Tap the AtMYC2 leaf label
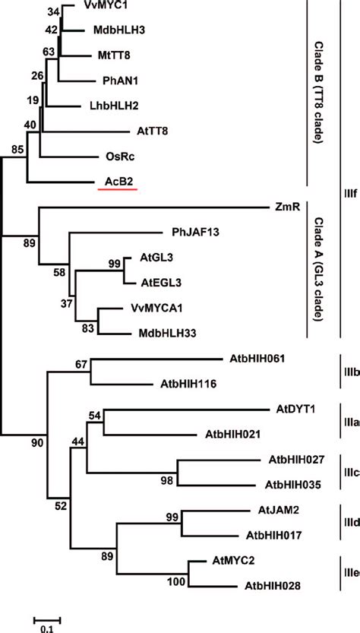[232, 562]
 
